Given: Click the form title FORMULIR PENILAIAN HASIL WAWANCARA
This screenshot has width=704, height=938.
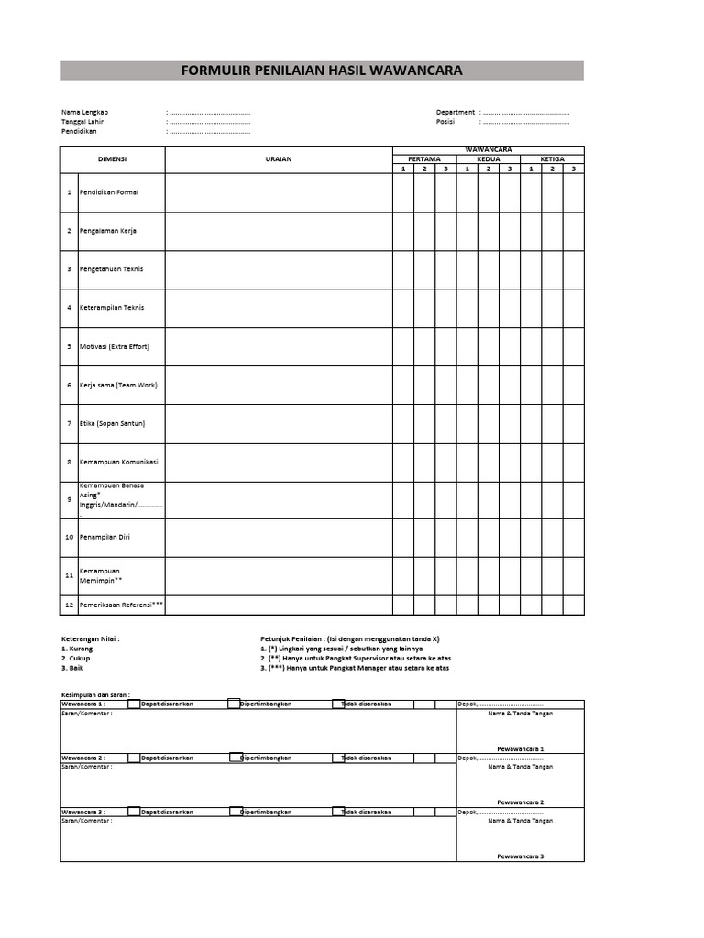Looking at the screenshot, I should click(x=322, y=71).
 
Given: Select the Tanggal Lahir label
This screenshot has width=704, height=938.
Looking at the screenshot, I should click(x=82, y=121).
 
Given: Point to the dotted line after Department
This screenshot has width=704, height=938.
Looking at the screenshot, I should click(x=526, y=112).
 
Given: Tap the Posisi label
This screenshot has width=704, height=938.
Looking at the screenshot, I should click(x=445, y=121).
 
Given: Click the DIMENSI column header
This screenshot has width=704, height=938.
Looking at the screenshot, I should click(x=112, y=158).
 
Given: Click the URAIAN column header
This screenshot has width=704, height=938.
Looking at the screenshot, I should click(x=279, y=158).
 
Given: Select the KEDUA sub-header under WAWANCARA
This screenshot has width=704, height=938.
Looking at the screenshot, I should click(x=489, y=158).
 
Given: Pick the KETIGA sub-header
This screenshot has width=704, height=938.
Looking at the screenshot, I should click(x=552, y=158).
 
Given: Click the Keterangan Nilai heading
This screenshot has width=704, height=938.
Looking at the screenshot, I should click(x=90, y=638).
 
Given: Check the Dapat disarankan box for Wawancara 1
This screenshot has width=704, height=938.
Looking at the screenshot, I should click(x=134, y=704).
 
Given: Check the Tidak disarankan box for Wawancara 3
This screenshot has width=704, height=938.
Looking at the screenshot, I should click(x=337, y=812).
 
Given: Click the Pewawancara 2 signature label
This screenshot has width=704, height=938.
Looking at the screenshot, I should click(x=521, y=802).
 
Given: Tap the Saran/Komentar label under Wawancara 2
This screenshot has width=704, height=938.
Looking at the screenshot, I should click(x=86, y=767).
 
